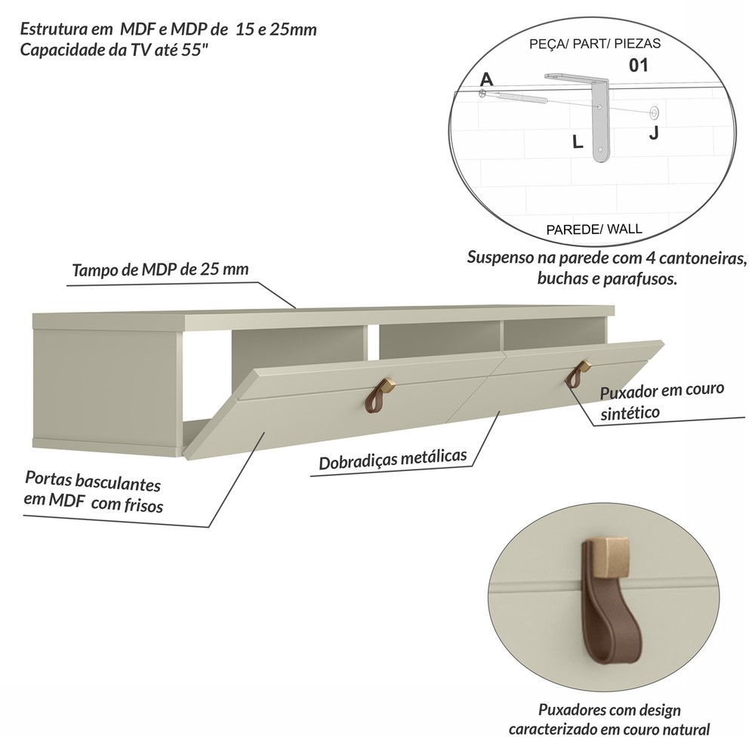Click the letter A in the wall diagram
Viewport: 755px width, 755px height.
(x=487, y=79)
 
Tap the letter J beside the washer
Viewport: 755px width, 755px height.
(x=653, y=132)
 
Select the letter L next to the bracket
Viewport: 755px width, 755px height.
(x=578, y=142)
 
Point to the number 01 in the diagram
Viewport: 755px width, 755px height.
(x=639, y=66)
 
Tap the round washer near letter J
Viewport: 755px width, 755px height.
(x=654, y=113)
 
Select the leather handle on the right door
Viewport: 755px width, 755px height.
(x=578, y=374)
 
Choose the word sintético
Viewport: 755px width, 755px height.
(x=630, y=413)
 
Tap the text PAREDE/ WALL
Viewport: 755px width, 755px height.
(x=594, y=230)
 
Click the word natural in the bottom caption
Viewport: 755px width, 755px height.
(x=686, y=729)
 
